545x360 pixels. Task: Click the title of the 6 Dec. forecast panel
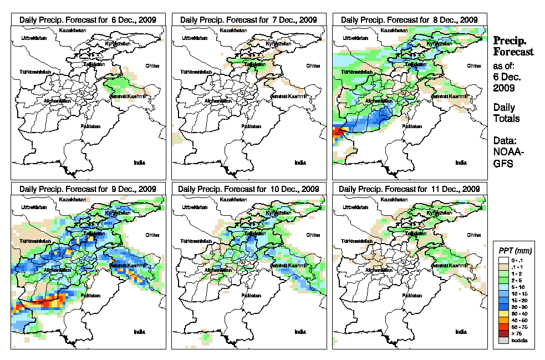coord(88,19)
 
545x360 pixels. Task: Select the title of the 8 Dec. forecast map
coord(409,19)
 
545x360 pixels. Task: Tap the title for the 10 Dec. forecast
coord(248,188)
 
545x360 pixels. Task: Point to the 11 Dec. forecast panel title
coord(409,188)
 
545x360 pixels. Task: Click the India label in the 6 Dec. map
coord(140,163)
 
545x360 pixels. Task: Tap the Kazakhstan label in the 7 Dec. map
coord(234,29)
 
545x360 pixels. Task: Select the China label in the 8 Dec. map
coord(474,65)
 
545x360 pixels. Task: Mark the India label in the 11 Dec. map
coord(461,331)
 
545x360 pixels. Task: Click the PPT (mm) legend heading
coord(515,250)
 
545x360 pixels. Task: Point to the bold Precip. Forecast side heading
coord(513,46)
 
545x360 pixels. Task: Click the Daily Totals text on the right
coord(506,113)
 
